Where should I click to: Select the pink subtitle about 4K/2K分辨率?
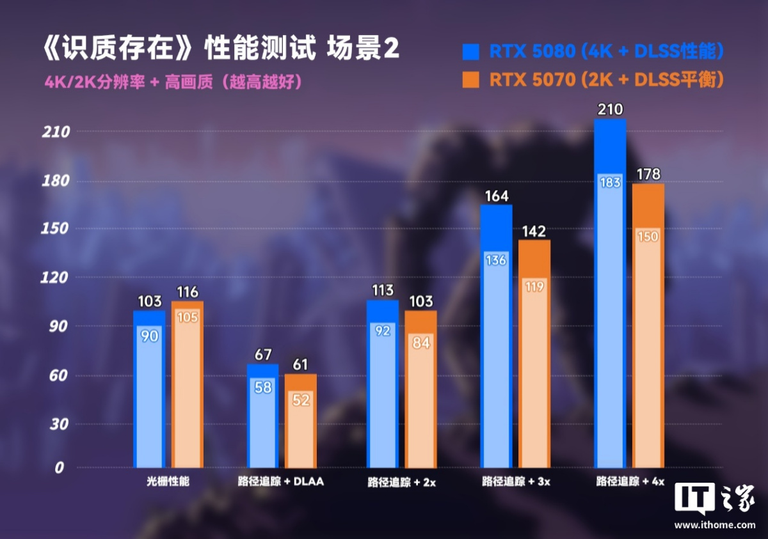[x=173, y=82]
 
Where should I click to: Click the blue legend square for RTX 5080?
[x=470, y=51]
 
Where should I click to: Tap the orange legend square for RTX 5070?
[x=470, y=80]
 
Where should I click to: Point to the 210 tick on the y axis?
[x=54, y=132]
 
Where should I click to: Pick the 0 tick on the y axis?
[x=60, y=467]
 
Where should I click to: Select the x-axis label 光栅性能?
[x=168, y=481]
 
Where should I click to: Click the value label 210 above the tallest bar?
[x=610, y=110]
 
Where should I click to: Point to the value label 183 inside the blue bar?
[x=610, y=183]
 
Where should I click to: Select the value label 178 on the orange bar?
[x=648, y=175]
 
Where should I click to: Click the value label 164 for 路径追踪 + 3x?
[x=496, y=196]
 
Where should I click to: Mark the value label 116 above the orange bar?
[x=188, y=293]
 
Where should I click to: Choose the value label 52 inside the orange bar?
[x=301, y=400]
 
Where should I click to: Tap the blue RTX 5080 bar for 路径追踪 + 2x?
[x=382, y=384]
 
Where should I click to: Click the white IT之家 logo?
[x=715, y=501]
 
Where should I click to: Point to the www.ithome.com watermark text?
[x=715, y=525]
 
